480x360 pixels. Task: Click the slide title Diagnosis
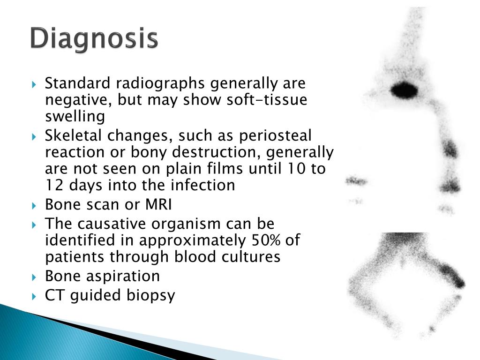94,38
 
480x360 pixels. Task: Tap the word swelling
75,117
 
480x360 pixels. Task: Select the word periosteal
275,135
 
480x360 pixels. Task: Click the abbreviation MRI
158,204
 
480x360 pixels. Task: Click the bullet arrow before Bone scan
34,206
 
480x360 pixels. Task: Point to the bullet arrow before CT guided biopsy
34,296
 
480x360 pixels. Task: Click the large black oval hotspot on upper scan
404,90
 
